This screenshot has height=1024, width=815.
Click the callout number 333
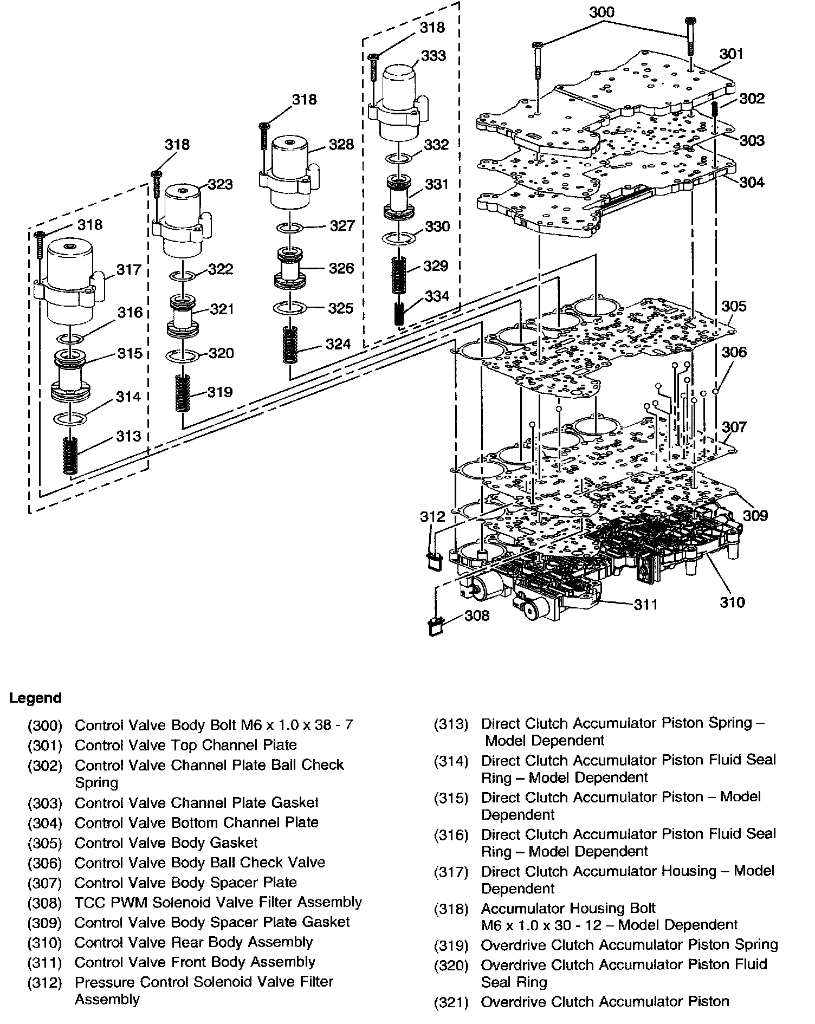click(434, 56)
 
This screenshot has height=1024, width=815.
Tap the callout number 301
click(731, 54)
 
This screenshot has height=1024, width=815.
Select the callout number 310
click(732, 601)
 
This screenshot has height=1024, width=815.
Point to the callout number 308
click(477, 615)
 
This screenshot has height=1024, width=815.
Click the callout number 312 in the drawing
click(432, 516)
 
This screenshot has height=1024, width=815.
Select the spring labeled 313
click(69, 455)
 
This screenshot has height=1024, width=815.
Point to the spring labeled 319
click(184, 393)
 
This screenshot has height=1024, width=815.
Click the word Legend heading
click(35, 698)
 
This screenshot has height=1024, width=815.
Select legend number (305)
click(45, 844)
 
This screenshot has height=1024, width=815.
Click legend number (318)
click(451, 909)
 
